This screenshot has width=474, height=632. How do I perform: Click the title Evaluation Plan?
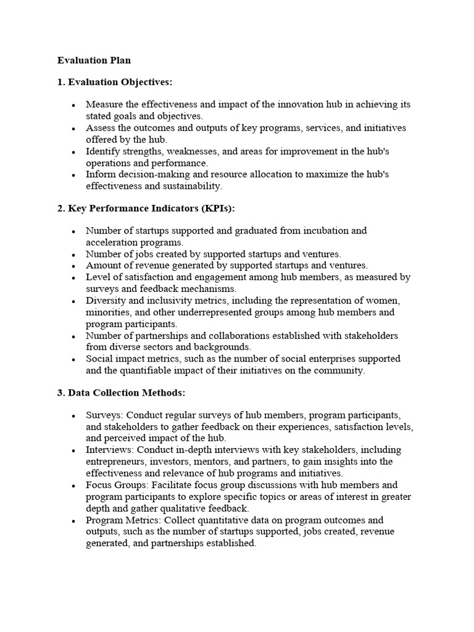[94, 60]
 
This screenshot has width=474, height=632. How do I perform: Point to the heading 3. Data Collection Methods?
[121, 393]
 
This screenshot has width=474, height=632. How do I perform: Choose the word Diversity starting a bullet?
[106, 301]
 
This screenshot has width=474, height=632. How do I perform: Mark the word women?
[385, 301]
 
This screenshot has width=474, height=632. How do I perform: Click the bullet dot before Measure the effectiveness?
[73, 106]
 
